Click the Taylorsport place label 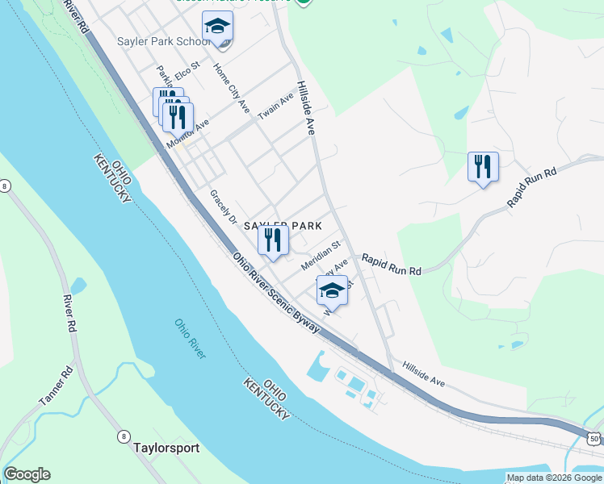[166, 447]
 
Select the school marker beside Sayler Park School [217, 29]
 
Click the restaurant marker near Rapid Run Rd [483, 167]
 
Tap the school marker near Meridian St [331, 290]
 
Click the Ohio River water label [191, 339]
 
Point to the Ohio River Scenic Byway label [276, 294]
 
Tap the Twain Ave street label [276, 106]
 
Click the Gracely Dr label [222, 207]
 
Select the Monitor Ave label [187, 134]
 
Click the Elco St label [186, 69]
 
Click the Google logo [27, 474]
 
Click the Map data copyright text [554, 478]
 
